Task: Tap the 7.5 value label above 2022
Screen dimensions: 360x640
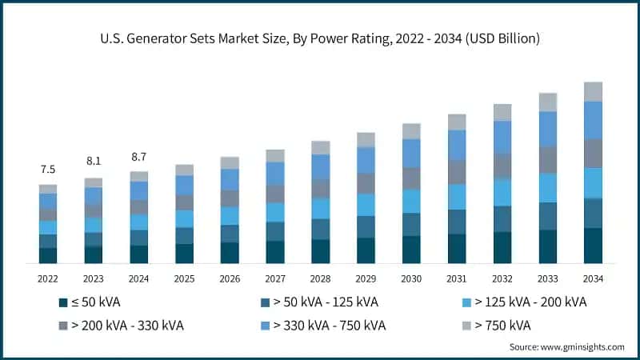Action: (48, 170)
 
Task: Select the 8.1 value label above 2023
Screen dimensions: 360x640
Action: (94, 162)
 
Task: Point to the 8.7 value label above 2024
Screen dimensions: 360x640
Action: (139, 156)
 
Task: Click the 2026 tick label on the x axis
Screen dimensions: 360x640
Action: (230, 279)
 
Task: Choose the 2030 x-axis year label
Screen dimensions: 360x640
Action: (411, 279)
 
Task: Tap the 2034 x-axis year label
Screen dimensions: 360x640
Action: (593, 279)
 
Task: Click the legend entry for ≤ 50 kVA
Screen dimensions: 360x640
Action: (90, 302)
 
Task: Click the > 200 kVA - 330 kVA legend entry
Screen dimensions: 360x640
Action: (121, 326)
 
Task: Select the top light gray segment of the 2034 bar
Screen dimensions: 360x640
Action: (593, 91)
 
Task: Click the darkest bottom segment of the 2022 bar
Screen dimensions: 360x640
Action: (48, 255)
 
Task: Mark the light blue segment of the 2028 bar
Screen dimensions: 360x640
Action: (320, 208)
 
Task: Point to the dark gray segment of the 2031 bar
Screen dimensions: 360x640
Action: (457, 172)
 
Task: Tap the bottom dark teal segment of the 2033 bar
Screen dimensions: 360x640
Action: (548, 246)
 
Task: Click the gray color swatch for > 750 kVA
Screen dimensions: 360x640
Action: (465, 326)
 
